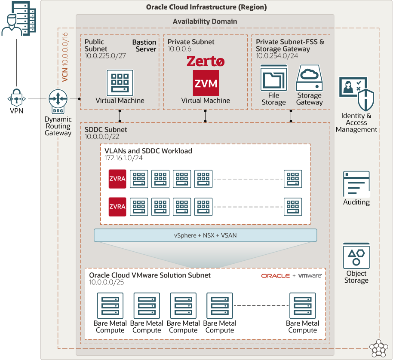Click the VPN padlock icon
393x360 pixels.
16,98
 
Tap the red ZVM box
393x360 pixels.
205,83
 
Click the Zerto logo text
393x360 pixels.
206,62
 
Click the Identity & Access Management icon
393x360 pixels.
356,94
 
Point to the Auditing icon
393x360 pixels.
356,184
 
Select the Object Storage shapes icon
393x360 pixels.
356,256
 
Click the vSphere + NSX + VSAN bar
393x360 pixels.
205,235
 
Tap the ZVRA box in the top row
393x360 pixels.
117,179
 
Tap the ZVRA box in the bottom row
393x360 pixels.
117,206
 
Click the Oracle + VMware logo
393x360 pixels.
291,275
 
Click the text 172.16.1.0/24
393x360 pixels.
124,158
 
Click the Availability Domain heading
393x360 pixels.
205,21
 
